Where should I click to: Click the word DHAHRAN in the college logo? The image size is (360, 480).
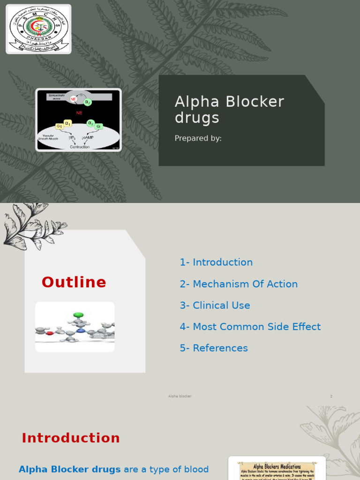coord(39,40)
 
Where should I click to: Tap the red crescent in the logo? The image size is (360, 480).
coord(38,26)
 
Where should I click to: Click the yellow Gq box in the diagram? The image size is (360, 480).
coord(59,126)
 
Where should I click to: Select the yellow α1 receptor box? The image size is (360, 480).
coord(68,123)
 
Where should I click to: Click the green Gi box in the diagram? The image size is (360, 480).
coord(98,126)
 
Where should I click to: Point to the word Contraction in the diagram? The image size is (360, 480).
coord(80,147)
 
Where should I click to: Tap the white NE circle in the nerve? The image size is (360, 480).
coord(73,99)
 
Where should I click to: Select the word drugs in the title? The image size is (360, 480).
coord(197,118)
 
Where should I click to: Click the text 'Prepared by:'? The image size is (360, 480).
coord(198,138)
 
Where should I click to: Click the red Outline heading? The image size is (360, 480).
coord(74,282)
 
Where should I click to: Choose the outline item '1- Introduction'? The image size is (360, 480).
coord(216,262)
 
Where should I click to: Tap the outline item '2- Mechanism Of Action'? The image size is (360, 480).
coord(239,284)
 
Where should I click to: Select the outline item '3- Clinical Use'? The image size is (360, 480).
coord(215,306)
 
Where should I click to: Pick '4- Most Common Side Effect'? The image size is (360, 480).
coord(250,327)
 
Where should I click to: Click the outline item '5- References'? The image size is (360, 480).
coord(214,348)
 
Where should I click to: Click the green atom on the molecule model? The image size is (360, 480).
coord(78,315)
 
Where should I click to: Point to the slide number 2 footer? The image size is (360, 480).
coord(331,396)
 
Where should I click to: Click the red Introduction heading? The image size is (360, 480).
coord(71,438)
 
